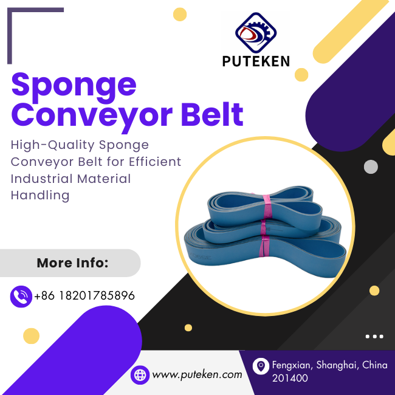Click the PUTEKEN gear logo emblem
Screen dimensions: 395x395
coord(256,32)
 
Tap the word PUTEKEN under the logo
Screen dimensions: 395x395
coord(256,61)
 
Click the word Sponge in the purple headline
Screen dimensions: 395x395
coord(74,87)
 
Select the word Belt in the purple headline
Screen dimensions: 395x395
coord(212,114)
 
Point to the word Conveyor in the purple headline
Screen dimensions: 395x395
coord(92,117)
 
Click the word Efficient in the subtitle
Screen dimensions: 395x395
coord(155,162)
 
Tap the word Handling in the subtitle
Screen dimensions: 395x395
coord(40,196)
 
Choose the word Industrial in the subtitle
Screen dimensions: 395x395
coord(42,179)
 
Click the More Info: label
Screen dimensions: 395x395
coord(72,263)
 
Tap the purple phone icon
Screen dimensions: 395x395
coord(21,297)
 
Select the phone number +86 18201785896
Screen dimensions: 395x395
coord(84,295)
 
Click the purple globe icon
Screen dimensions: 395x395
coord(140,375)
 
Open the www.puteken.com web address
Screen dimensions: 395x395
coord(197,374)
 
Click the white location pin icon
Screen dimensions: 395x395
coord(261,366)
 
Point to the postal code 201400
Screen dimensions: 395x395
coord(290,378)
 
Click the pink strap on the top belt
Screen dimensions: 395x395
coord(267,206)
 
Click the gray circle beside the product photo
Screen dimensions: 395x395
coord(371,167)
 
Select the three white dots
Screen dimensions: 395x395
coord(374,336)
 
